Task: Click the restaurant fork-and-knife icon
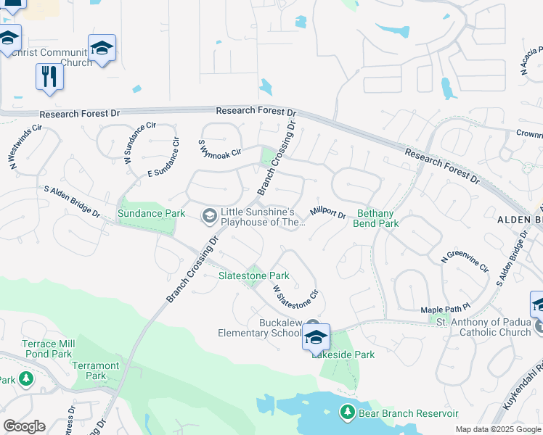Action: [49, 77]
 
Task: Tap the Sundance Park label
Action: [146, 214]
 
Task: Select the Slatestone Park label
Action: [254, 275]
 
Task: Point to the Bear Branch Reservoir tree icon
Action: [348, 413]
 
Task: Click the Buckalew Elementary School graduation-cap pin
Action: [316, 338]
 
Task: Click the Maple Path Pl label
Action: [446, 310]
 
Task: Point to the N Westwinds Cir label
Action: [24, 148]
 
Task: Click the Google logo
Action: [24, 426]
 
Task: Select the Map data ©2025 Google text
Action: [497, 429]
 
